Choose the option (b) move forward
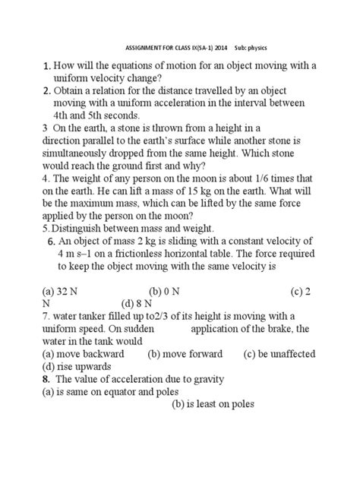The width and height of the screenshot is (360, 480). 185,353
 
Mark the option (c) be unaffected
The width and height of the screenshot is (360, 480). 279,353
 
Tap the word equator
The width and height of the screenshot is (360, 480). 112,391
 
